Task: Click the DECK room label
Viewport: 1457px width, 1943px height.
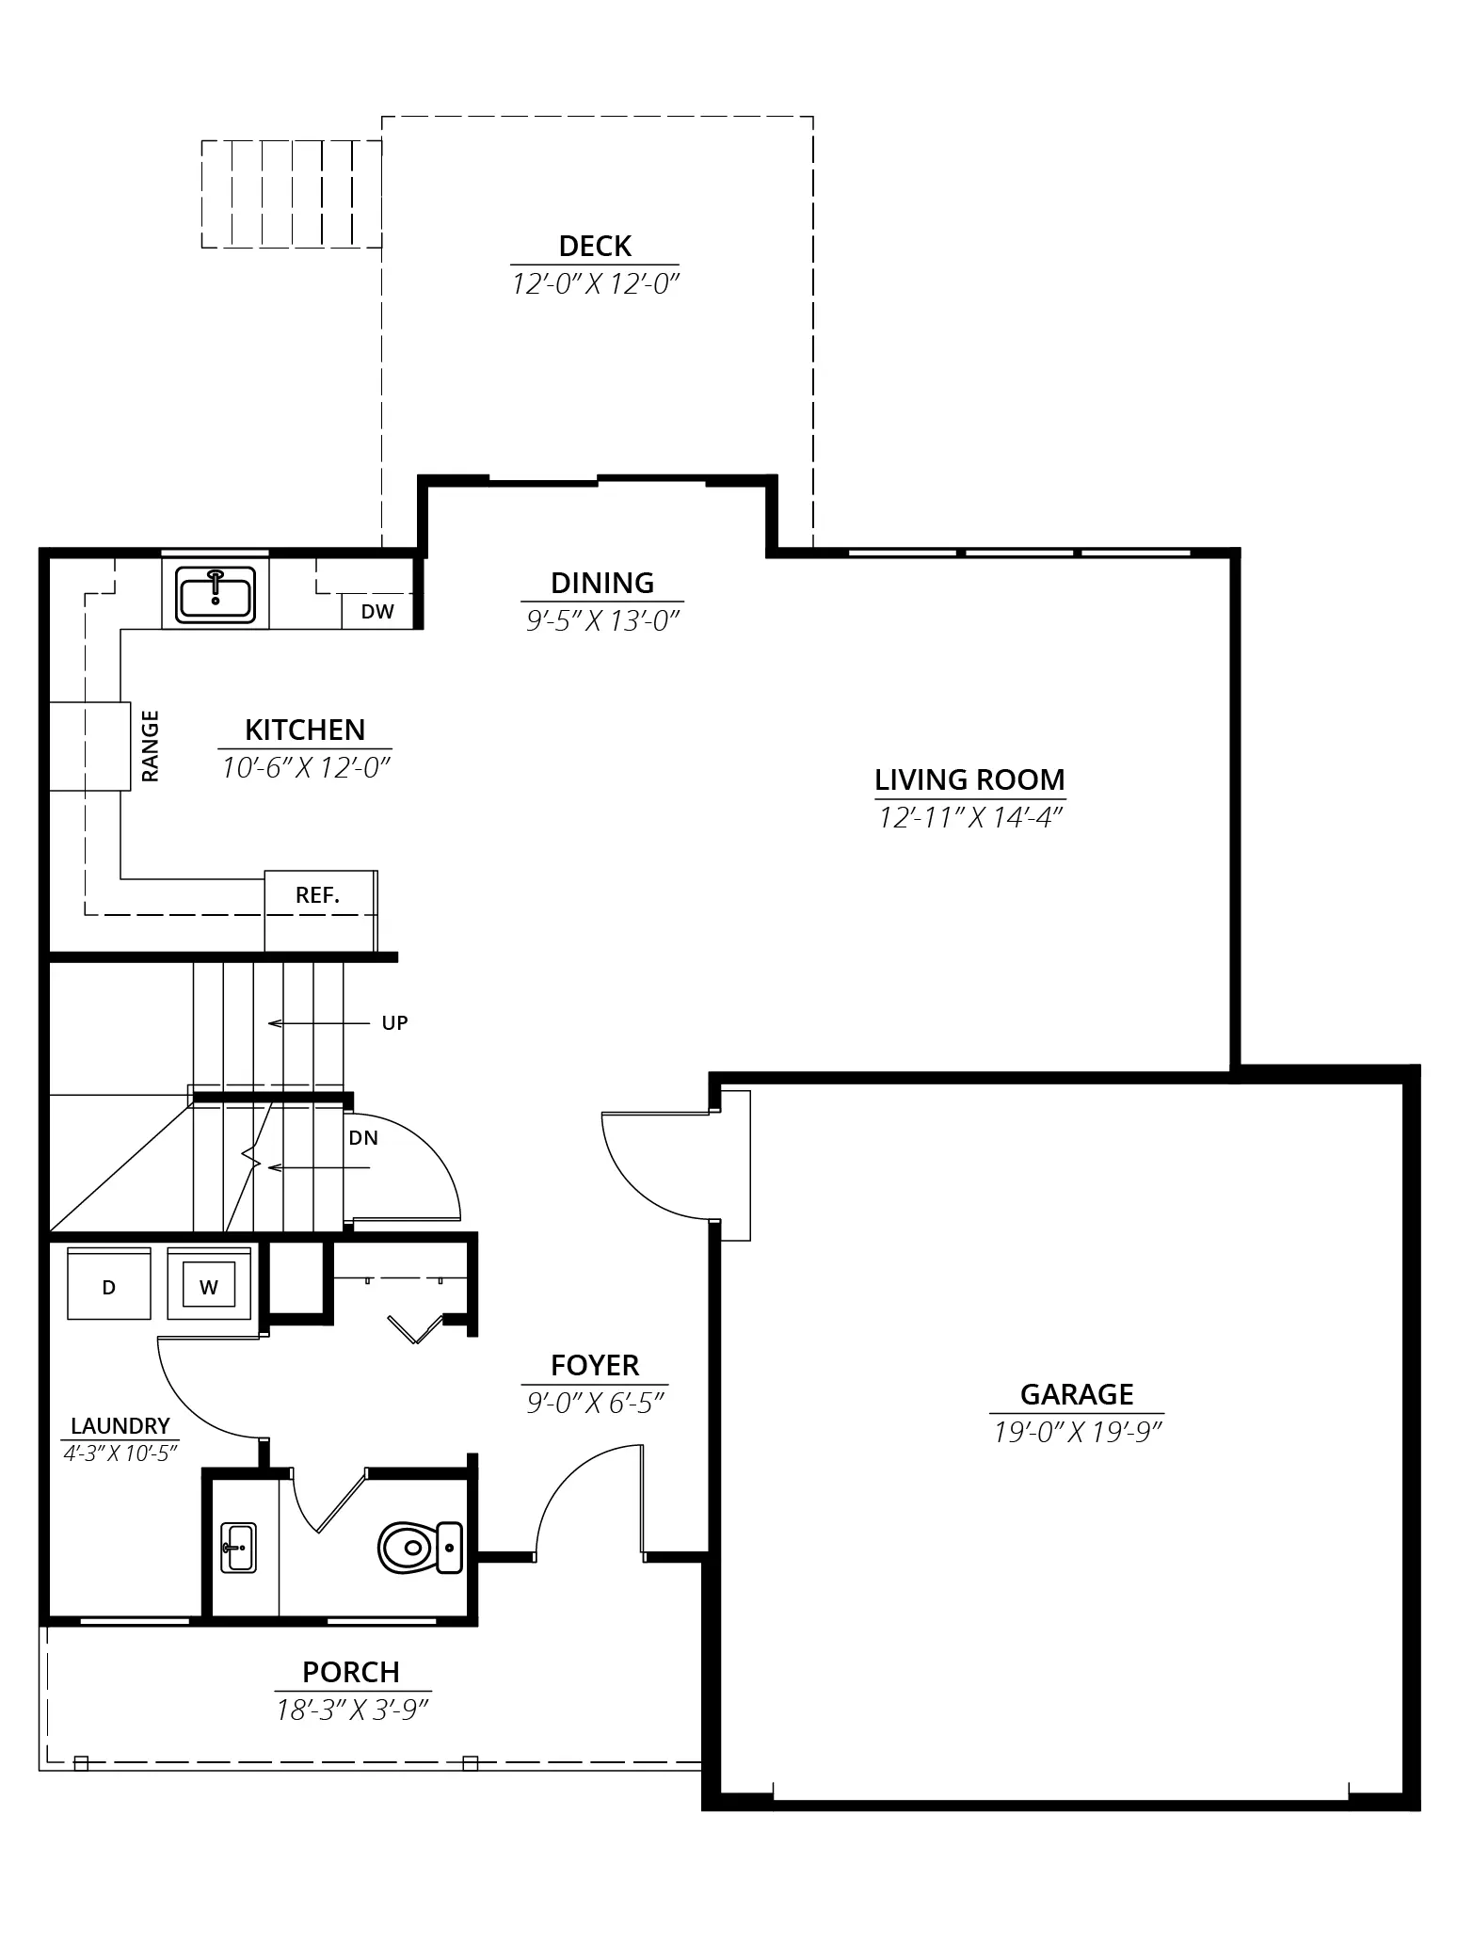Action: [595, 247]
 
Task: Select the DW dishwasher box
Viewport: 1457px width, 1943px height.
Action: [377, 611]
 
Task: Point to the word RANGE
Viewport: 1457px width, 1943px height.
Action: [151, 747]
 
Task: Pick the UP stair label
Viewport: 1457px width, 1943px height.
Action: [394, 1023]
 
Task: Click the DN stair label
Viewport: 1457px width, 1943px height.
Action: [363, 1138]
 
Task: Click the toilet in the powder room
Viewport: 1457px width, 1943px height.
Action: [421, 1548]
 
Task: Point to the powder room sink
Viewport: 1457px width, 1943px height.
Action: [238, 1548]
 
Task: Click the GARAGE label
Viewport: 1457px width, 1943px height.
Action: [1077, 1394]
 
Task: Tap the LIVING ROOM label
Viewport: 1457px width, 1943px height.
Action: [969, 779]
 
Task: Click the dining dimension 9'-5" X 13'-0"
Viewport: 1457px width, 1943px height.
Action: [602, 620]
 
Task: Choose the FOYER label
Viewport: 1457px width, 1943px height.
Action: [595, 1365]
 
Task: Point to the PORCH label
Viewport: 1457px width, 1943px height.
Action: [351, 1672]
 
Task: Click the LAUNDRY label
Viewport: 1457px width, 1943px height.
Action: [120, 1426]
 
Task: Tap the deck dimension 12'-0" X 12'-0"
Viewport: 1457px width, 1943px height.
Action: [595, 284]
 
